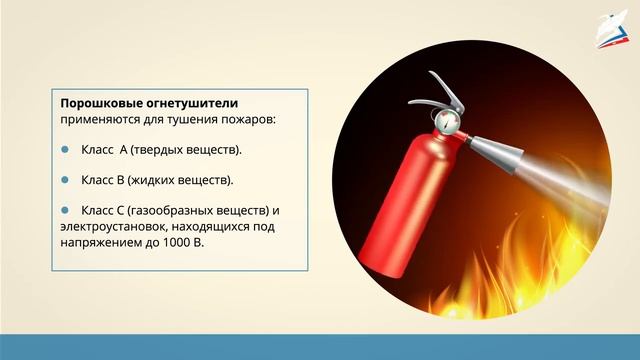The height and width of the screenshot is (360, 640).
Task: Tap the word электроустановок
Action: point(112,227)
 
